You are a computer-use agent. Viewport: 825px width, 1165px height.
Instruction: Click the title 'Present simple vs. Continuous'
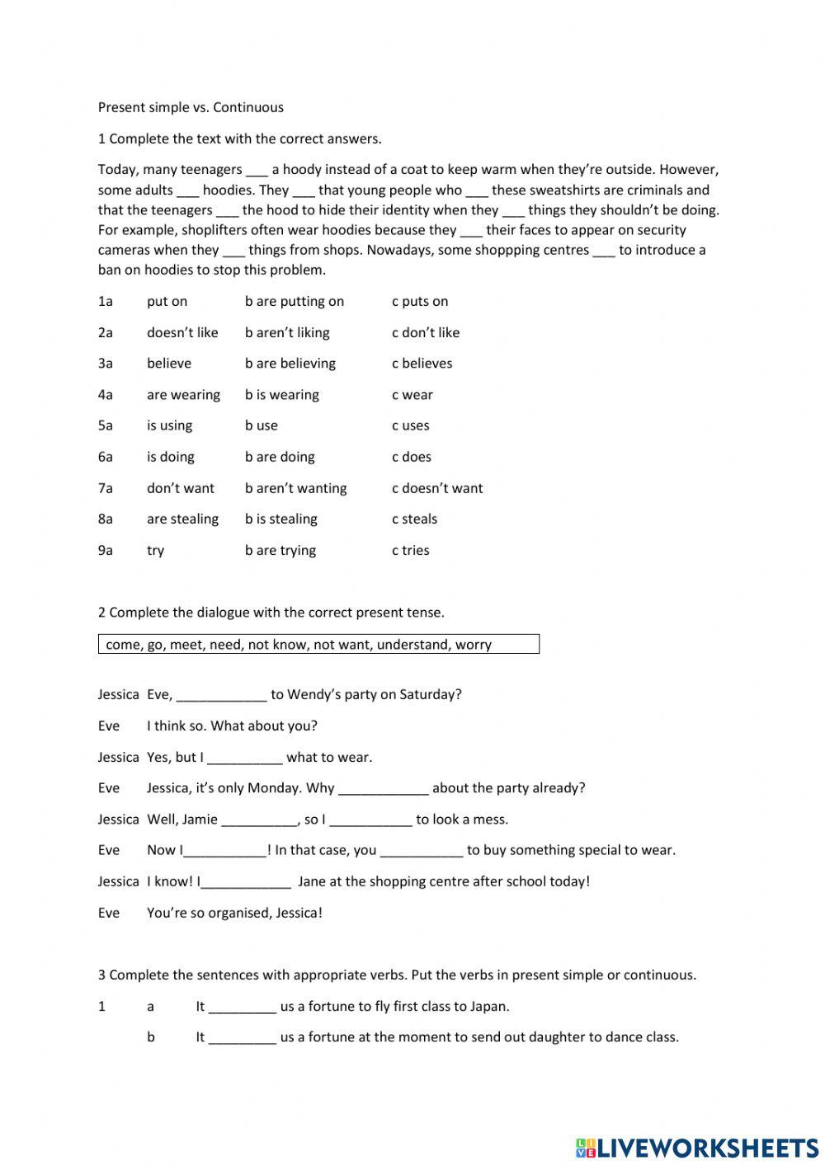[x=191, y=107]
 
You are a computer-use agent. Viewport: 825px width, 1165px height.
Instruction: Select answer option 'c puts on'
[x=420, y=302]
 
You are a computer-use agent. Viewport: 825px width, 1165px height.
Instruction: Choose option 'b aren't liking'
[x=287, y=333]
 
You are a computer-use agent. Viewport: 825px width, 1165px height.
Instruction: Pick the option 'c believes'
[x=422, y=364]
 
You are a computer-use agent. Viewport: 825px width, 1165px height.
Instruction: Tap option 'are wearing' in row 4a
[x=183, y=395]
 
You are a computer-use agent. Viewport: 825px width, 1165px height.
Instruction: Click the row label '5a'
[x=106, y=426]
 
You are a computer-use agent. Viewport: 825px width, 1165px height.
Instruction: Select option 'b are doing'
[x=280, y=457]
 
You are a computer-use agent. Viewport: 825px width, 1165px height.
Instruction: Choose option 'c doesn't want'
[x=437, y=488]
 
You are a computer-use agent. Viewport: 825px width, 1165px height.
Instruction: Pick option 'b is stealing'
[x=281, y=519]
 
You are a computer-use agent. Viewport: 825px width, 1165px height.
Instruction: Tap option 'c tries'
[x=411, y=551]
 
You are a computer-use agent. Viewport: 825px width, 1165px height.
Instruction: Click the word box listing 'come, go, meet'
[x=318, y=645]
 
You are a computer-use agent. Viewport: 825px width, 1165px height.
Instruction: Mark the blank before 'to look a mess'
[x=371, y=820]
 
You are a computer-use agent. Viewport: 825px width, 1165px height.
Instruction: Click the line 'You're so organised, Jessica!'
[x=234, y=914]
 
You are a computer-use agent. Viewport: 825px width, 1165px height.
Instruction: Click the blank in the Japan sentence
[x=243, y=1008]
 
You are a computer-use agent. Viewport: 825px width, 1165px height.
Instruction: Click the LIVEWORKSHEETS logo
[x=697, y=1148]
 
